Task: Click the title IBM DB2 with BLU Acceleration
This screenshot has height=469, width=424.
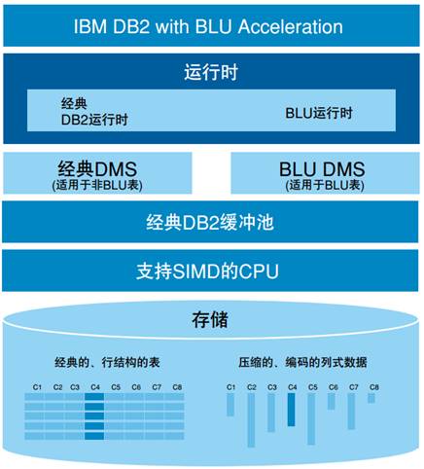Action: (x=208, y=26)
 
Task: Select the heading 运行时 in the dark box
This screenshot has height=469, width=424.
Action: (x=211, y=72)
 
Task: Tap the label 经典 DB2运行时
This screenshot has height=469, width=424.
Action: (x=94, y=112)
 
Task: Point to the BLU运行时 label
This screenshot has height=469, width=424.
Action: (x=319, y=113)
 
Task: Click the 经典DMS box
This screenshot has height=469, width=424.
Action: (x=97, y=173)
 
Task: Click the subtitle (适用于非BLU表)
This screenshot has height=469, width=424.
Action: (x=97, y=185)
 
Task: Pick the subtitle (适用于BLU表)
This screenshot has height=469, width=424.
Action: (x=325, y=185)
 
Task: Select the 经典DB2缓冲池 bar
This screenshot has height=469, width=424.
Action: (x=210, y=222)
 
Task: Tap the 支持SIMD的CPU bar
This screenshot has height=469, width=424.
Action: (x=210, y=271)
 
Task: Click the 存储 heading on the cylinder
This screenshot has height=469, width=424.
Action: (x=210, y=320)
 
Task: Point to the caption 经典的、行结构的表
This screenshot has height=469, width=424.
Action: (x=107, y=362)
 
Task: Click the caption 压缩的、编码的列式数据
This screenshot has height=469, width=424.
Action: (x=302, y=362)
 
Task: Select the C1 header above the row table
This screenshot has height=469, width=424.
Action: (x=37, y=387)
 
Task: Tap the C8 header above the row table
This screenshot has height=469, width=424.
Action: (x=177, y=387)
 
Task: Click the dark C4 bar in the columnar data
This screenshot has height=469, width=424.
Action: (x=292, y=410)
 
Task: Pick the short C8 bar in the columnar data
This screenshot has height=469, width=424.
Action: (x=371, y=398)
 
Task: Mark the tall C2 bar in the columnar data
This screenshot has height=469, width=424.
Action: (x=251, y=420)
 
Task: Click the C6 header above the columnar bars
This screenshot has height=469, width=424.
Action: (x=334, y=387)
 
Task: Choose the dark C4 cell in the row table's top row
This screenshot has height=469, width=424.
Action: (x=94, y=397)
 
